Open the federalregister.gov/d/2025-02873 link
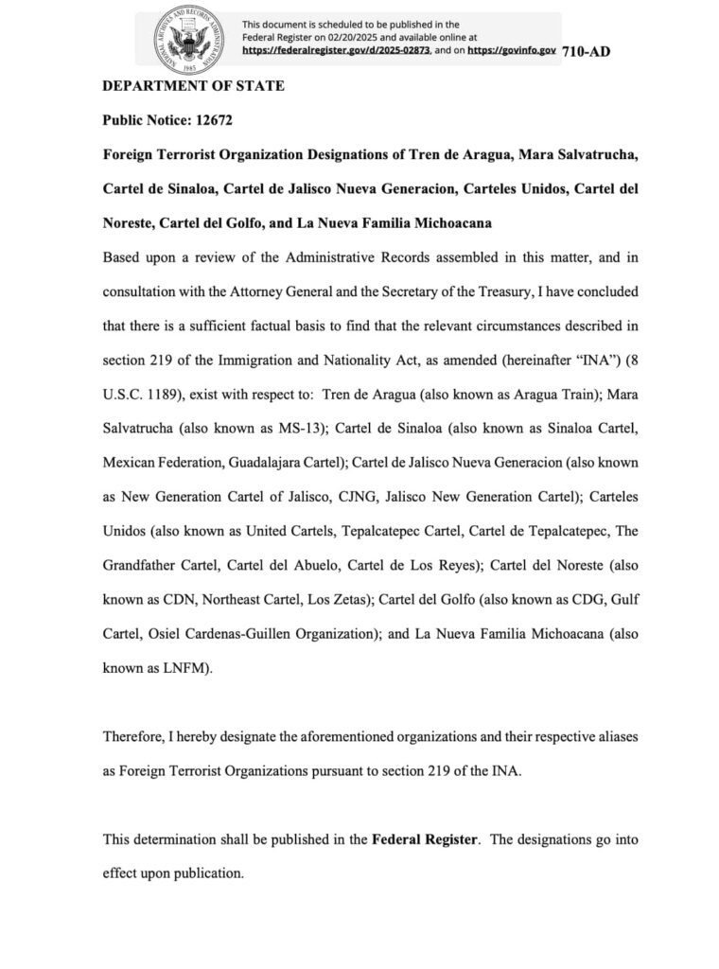[x=336, y=48]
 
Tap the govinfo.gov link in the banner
[x=511, y=48]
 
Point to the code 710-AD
[x=586, y=51]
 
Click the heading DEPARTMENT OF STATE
[x=193, y=86]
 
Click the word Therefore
[x=135, y=735]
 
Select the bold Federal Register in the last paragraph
[x=425, y=837]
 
